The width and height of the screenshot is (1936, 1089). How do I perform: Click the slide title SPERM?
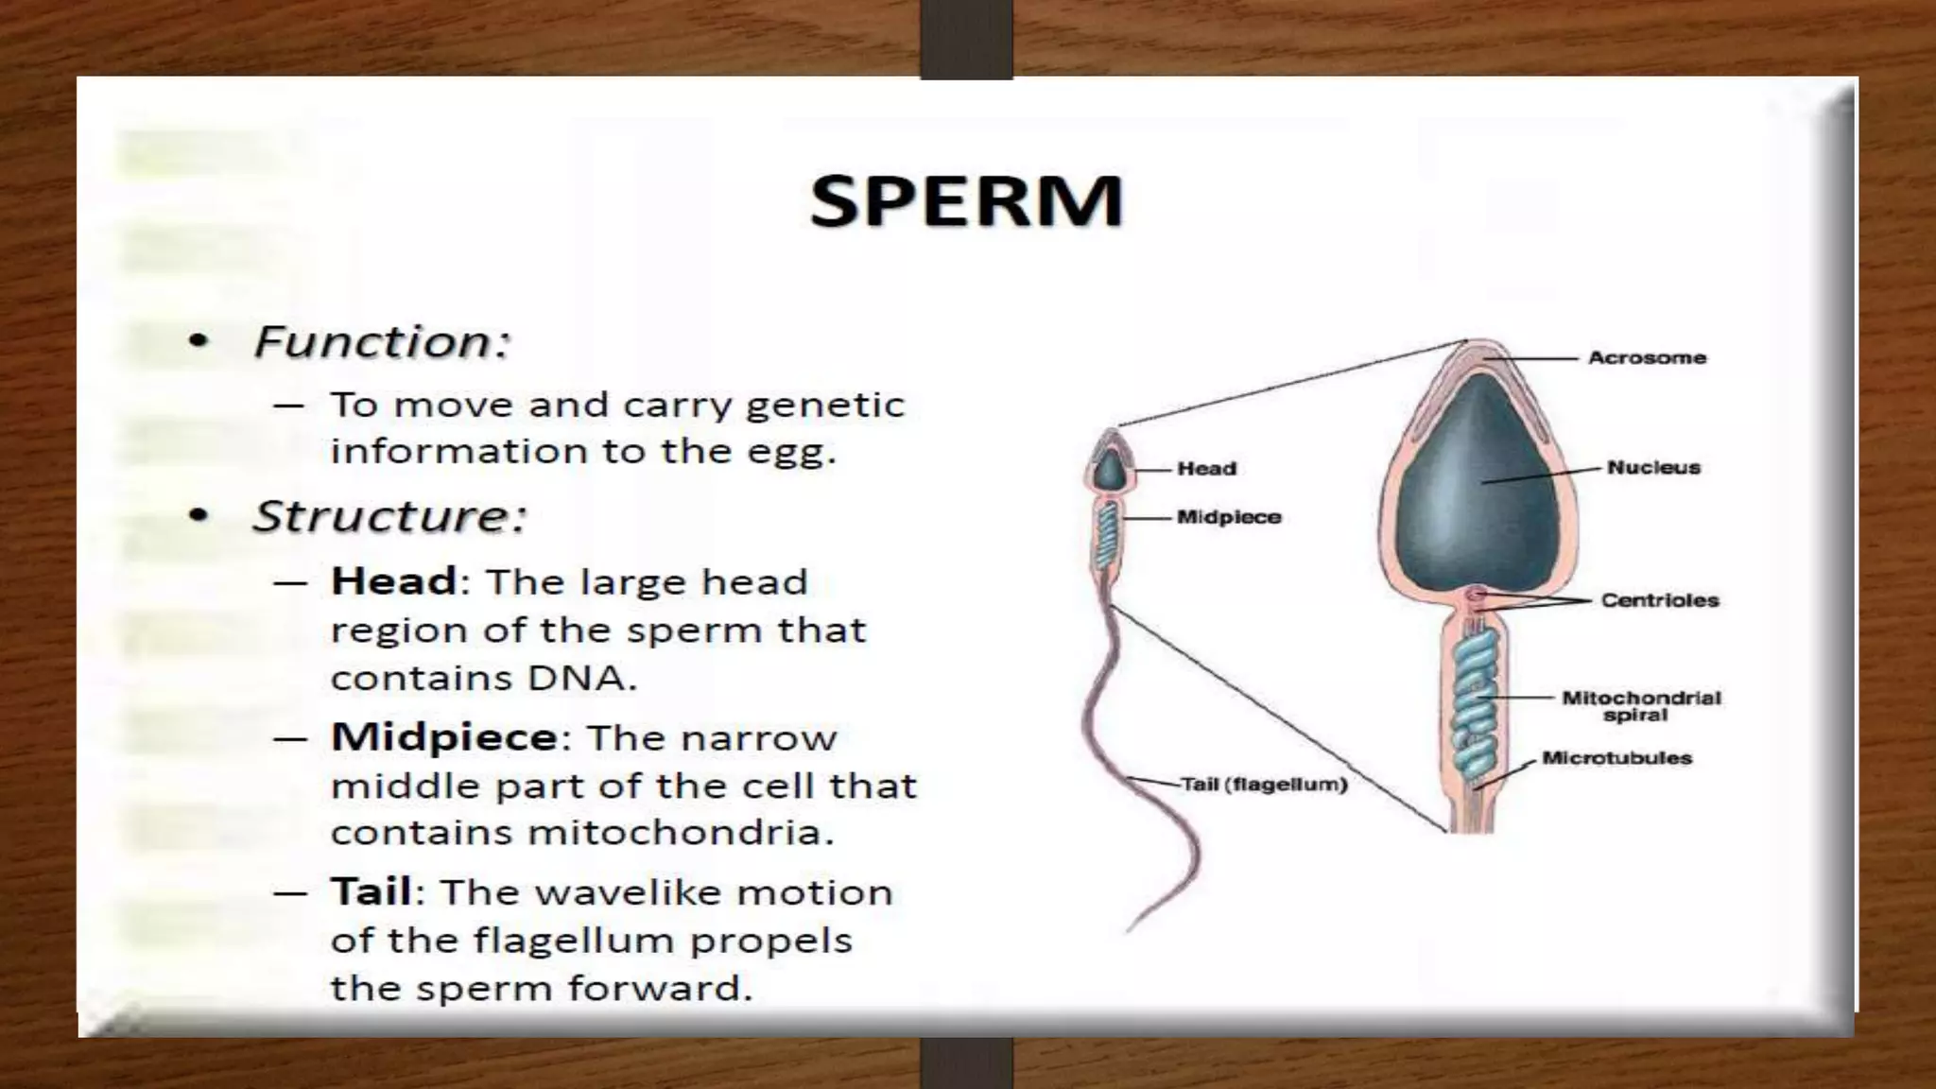coord(966,201)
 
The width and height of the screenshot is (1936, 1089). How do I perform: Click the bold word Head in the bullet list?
coord(393,581)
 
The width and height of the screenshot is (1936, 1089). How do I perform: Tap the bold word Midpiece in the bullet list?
coord(444,737)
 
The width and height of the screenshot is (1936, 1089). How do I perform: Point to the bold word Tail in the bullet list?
coord(371,891)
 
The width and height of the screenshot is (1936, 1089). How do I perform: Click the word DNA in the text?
coord(579,678)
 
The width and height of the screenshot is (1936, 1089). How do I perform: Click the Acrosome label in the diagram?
coord(1647,358)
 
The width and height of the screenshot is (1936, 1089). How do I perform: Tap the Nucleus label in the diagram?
coord(1653,467)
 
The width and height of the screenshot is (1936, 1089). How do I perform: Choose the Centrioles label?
coord(1659,600)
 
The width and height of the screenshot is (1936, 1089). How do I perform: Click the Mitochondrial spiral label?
coord(1640,706)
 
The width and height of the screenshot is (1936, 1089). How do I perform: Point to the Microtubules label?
coord(1616,758)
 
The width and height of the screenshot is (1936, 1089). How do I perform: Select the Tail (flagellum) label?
coord(1264,785)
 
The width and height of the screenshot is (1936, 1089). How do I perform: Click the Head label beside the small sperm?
coord(1206,469)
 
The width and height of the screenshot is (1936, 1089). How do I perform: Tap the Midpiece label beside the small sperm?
coord(1229,518)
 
